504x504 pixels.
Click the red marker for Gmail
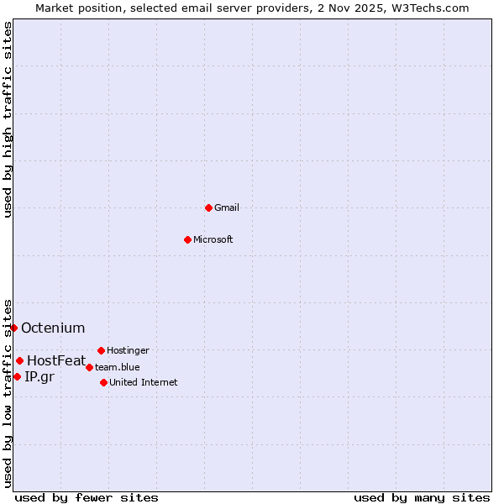click(x=208, y=207)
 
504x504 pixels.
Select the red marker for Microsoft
click(x=188, y=239)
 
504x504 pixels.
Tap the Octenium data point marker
click(x=14, y=328)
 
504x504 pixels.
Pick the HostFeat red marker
click(x=19, y=360)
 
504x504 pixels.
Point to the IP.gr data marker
click(x=17, y=376)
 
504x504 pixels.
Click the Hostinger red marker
click(x=101, y=350)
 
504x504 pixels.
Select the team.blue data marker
click(x=89, y=367)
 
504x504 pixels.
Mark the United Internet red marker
click(x=103, y=382)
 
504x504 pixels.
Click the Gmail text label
click(x=227, y=207)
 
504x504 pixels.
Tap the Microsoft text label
click(x=213, y=239)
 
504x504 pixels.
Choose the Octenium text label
click(x=53, y=328)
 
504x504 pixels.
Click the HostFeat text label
click(x=56, y=360)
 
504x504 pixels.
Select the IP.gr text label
click(x=39, y=376)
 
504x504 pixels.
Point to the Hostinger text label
click(x=128, y=350)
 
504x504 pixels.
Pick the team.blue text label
click(x=118, y=367)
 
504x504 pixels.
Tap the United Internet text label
click(x=144, y=382)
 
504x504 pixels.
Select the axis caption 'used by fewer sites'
click(x=87, y=497)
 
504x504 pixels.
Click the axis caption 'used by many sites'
click(x=422, y=497)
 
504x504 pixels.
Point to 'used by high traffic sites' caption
click(x=8, y=119)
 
